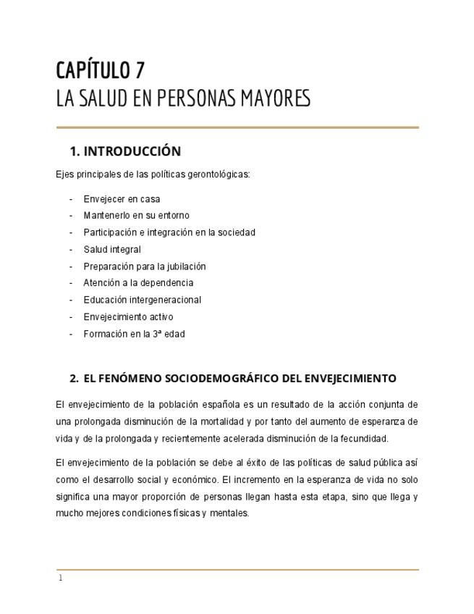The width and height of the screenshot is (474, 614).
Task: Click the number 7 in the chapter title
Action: [x=139, y=70]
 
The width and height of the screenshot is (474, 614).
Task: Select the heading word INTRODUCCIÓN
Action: [x=132, y=151]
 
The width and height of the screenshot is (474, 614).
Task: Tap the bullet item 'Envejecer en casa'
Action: [x=122, y=199]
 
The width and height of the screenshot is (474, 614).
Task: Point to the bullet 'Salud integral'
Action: [x=112, y=249]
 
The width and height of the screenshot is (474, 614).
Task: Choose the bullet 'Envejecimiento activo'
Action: [x=128, y=316]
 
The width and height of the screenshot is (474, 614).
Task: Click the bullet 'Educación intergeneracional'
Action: [x=142, y=300]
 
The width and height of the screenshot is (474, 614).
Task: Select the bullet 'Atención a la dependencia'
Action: [x=138, y=283]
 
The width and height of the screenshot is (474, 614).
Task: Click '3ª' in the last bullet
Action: [x=156, y=334]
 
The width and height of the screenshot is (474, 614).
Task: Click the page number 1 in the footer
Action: [x=61, y=579]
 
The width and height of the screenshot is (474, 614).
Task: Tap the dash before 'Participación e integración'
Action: [x=71, y=232]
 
